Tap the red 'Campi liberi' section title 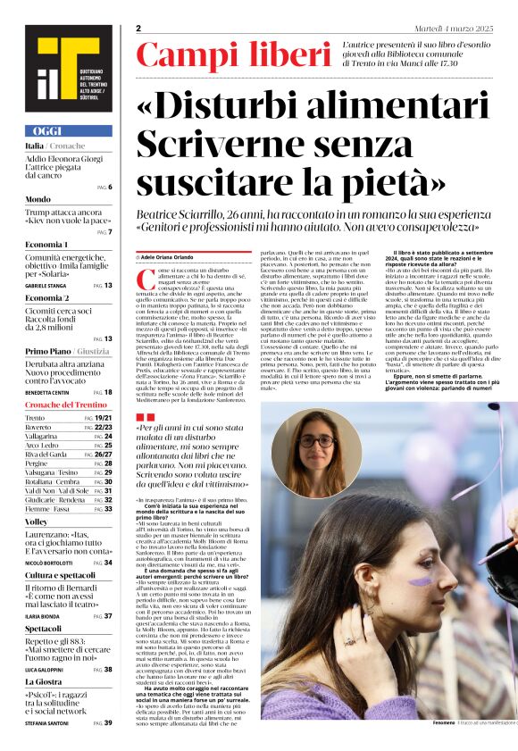pyautogui.click(x=233, y=56)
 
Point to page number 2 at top pyautogui.click(x=138, y=29)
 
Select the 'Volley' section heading pyautogui.click(x=37, y=521)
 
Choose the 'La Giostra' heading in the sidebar pyautogui.click(x=44, y=681)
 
